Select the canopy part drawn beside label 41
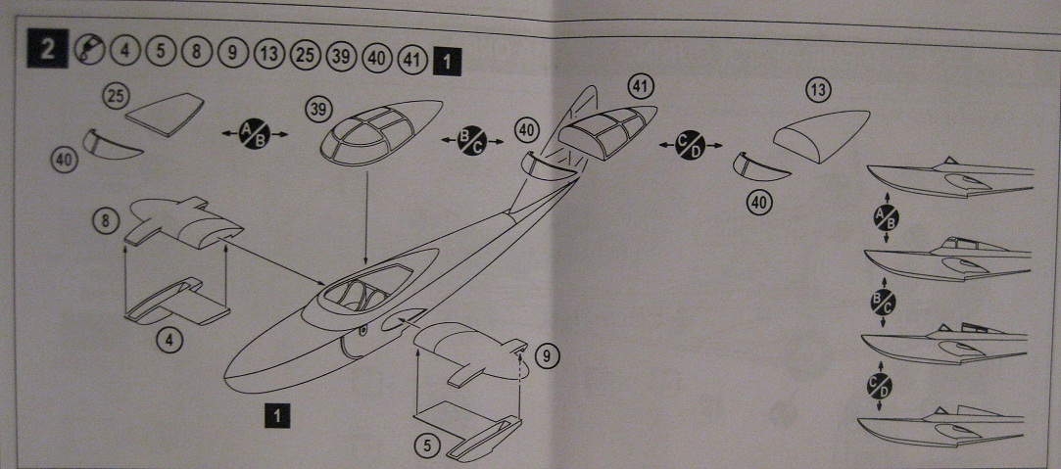(608, 128)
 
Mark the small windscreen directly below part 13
(762, 166)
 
